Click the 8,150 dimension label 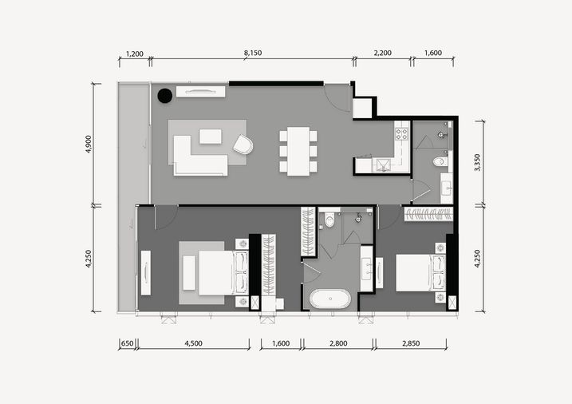[x=253, y=53]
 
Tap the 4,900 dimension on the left [x=88, y=144]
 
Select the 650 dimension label [x=127, y=343]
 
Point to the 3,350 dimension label [x=477, y=162]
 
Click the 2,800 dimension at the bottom [x=338, y=343]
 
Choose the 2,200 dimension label [x=383, y=53]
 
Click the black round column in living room [x=165, y=96]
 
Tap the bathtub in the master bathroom [x=330, y=299]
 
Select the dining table [x=298, y=151]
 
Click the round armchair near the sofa [x=243, y=145]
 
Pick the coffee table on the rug [x=211, y=136]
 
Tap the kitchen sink [x=383, y=165]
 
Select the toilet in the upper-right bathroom [x=440, y=161]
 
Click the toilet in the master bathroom [x=329, y=220]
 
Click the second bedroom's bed [x=420, y=272]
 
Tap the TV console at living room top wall [x=200, y=92]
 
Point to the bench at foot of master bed [x=189, y=273]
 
